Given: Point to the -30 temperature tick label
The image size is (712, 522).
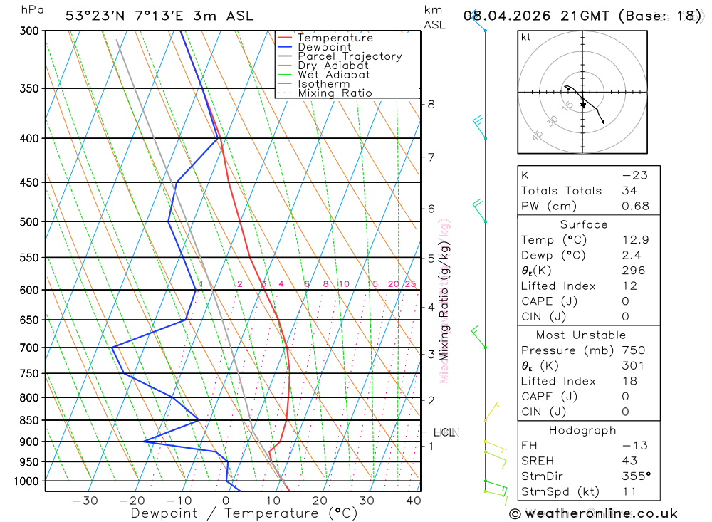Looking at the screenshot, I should [x=85, y=501].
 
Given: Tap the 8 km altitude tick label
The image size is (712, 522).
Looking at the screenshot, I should [x=431, y=104].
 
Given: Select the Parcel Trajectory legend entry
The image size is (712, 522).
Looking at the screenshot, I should [x=350, y=56].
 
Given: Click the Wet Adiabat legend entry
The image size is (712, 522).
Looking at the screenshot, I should [x=334, y=75].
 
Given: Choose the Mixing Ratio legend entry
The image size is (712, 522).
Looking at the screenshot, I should [x=335, y=93].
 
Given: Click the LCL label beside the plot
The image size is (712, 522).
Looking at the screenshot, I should [x=444, y=432].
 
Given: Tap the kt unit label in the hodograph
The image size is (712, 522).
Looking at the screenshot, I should [x=526, y=37].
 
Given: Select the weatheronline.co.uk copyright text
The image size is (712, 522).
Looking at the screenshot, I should [x=593, y=513].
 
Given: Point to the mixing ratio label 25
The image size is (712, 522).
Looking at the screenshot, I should [x=410, y=284].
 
